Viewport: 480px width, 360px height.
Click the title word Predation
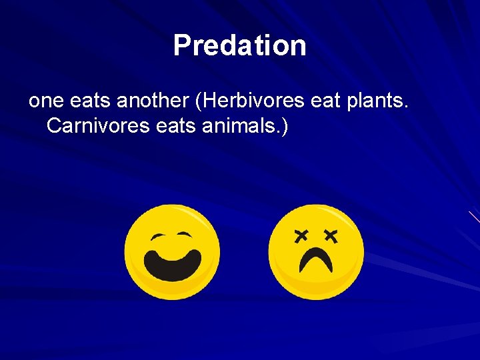[x=240, y=46]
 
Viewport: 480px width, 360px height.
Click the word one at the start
[x=45, y=101]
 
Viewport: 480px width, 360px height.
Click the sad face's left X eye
[x=301, y=235]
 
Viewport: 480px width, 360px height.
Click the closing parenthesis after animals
[x=285, y=125]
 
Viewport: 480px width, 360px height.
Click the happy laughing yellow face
[x=172, y=251]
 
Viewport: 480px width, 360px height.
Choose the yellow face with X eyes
[x=316, y=251]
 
